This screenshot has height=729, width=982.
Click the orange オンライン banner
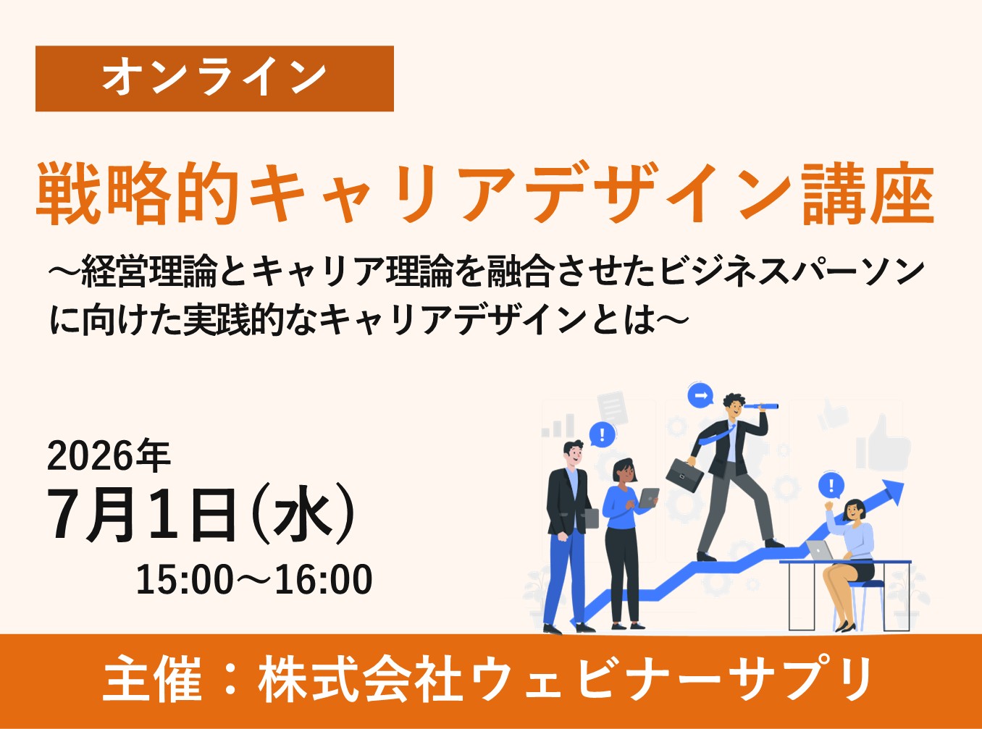point(214,78)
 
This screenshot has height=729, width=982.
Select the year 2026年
point(109,456)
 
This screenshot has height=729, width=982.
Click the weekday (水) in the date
point(302,515)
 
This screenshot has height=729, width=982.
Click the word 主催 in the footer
point(152,680)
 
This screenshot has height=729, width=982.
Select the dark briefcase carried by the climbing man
point(684,474)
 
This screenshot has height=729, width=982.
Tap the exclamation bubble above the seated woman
point(831,486)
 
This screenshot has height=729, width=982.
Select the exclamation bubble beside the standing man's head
point(602,435)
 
